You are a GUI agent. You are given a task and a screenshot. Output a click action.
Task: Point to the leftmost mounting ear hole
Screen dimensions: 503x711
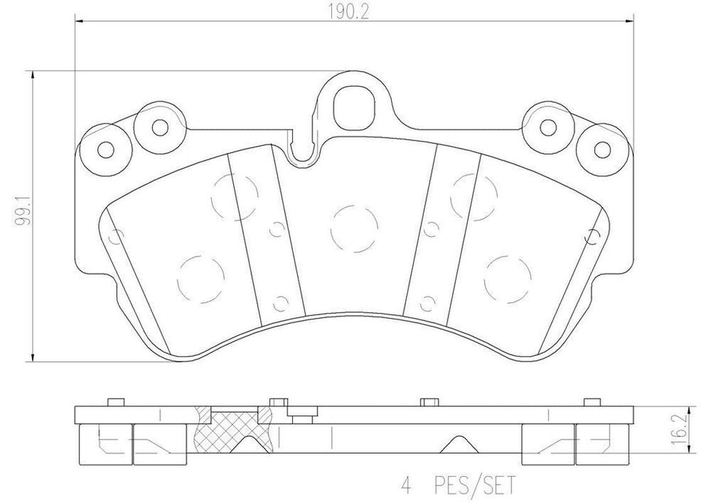tap(105, 148)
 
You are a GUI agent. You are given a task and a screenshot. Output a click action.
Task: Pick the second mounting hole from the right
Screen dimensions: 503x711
tap(549, 126)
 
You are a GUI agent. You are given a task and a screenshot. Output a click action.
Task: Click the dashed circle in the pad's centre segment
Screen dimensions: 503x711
tap(354, 229)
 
